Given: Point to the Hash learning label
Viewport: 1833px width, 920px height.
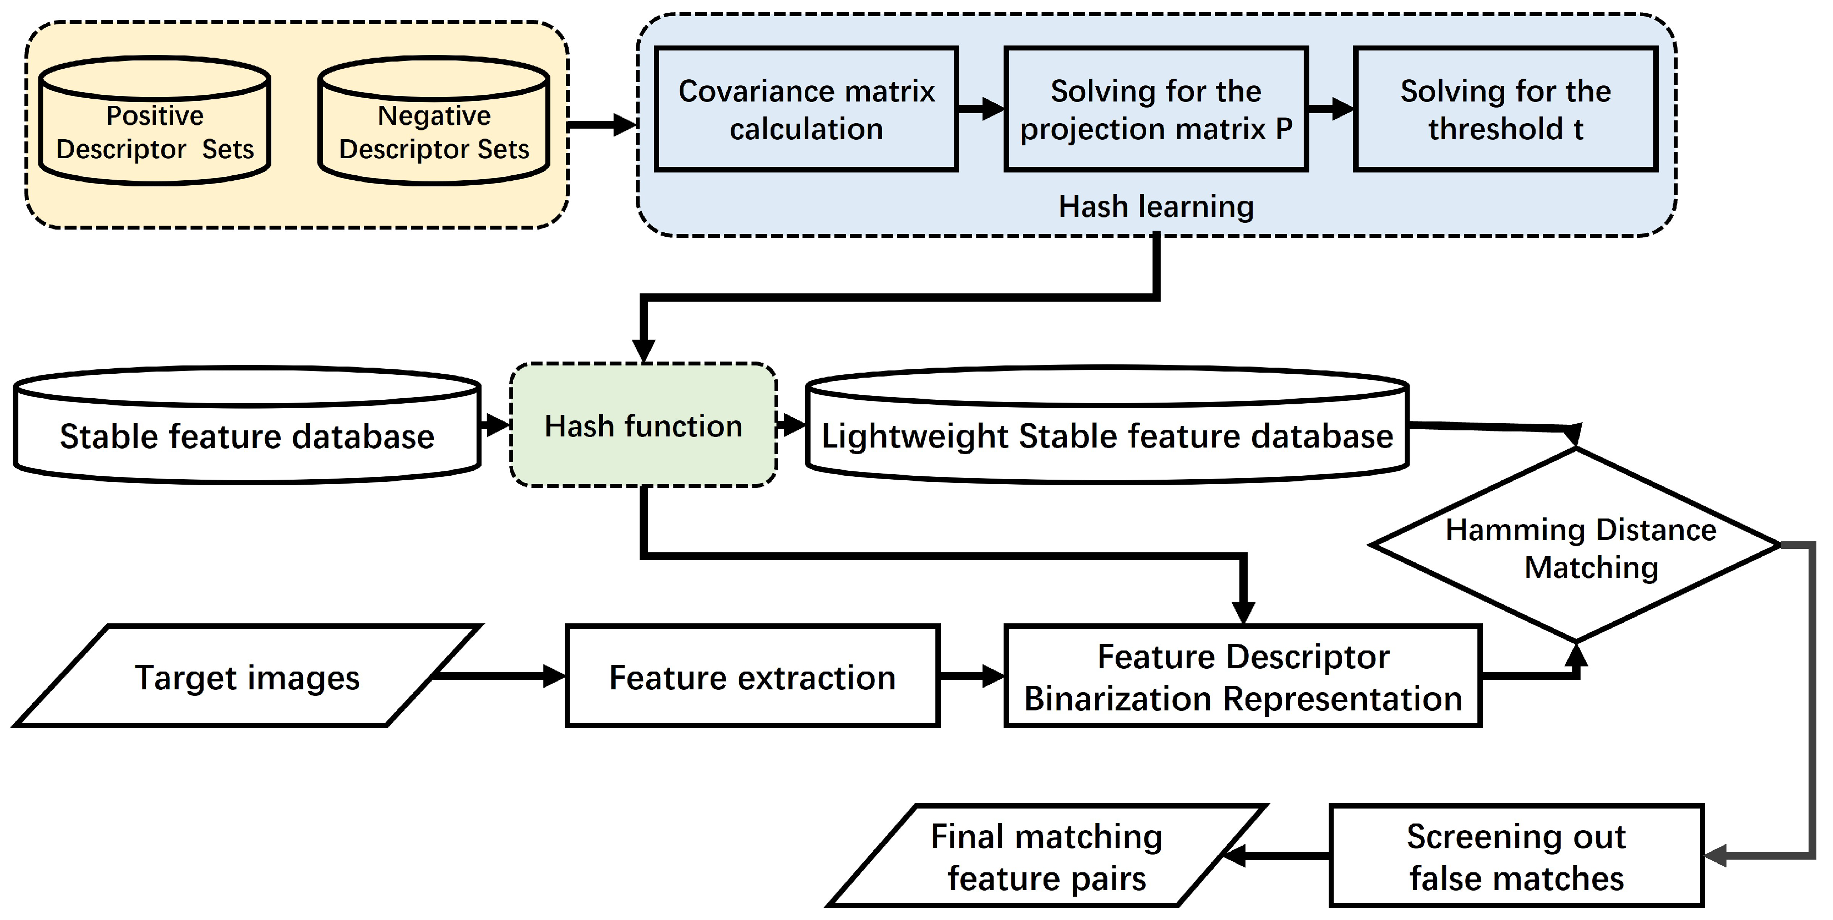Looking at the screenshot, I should [1156, 206].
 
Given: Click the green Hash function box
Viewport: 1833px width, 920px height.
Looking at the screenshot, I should [643, 425].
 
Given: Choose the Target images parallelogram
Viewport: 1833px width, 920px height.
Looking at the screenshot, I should [247, 677].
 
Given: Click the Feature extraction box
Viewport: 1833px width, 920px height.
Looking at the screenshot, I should [752, 677].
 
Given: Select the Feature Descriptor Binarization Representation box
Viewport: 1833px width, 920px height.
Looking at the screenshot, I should [1242, 677].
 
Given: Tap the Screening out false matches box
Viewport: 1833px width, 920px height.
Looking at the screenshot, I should [1516, 856].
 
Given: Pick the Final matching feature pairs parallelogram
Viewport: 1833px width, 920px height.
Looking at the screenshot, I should [1046, 856].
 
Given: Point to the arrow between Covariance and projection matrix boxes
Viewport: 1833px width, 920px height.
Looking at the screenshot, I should [980, 109].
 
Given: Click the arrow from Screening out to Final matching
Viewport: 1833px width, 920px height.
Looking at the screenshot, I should [1277, 856].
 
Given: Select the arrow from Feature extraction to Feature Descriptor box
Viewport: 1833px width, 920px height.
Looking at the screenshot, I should [971, 676].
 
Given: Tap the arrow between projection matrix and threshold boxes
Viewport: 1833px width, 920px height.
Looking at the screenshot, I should [1330, 109].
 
